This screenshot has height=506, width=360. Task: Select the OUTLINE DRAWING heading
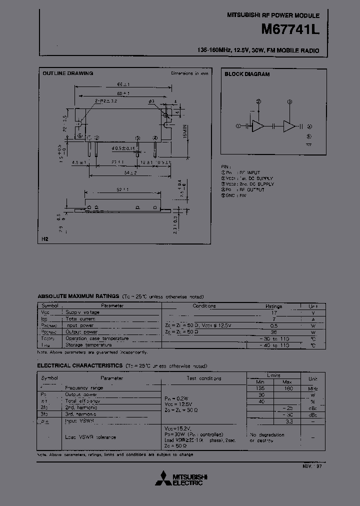pos(67,73)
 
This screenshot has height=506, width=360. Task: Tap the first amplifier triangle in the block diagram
pos(258,126)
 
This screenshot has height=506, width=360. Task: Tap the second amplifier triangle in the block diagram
pos(289,126)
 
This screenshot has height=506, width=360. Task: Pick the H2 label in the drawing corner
pos(44,239)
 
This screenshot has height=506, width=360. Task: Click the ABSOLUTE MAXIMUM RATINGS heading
pos(78,296)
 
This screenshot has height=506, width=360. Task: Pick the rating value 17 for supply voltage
pos(273,312)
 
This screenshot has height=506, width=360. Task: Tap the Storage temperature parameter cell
pos(88,344)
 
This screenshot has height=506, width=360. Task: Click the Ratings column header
pos(273,306)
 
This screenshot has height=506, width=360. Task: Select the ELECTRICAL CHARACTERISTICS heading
pos(79,366)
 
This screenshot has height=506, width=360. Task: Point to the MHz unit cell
pos(312,388)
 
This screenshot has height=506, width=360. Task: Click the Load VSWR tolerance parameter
pos(90,436)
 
